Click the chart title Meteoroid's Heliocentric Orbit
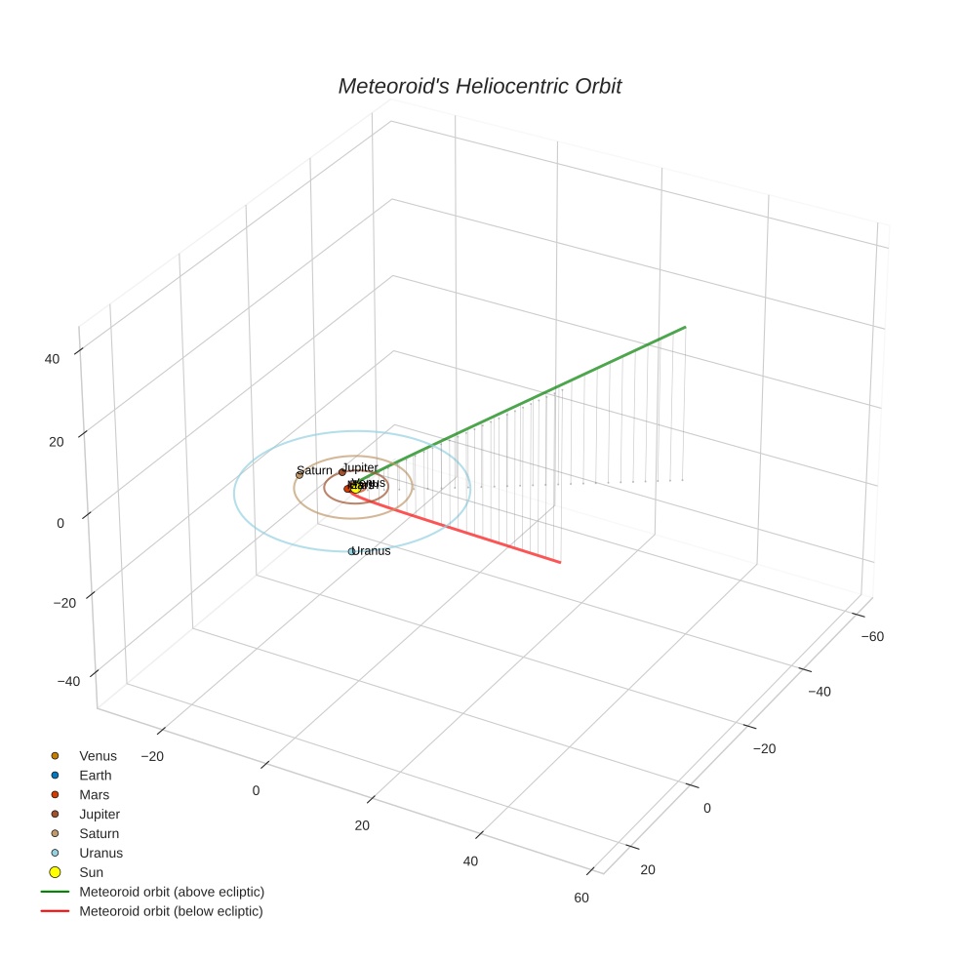[479, 86]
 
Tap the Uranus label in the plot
[372, 551]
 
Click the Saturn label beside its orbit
[315, 470]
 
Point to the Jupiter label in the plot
[361, 467]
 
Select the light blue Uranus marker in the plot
[352, 552]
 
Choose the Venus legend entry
[98, 756]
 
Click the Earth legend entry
[96, 776]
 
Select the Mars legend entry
[94, 795]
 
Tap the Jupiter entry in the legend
[100, 814]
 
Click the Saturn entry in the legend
[99, 833]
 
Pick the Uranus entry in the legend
[100, 853]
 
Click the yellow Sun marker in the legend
[56, 872]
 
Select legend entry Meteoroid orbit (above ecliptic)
[172, 892]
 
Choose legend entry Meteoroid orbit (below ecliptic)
[171, 911]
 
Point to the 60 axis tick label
[581, 898]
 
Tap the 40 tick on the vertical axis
[52, 359]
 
